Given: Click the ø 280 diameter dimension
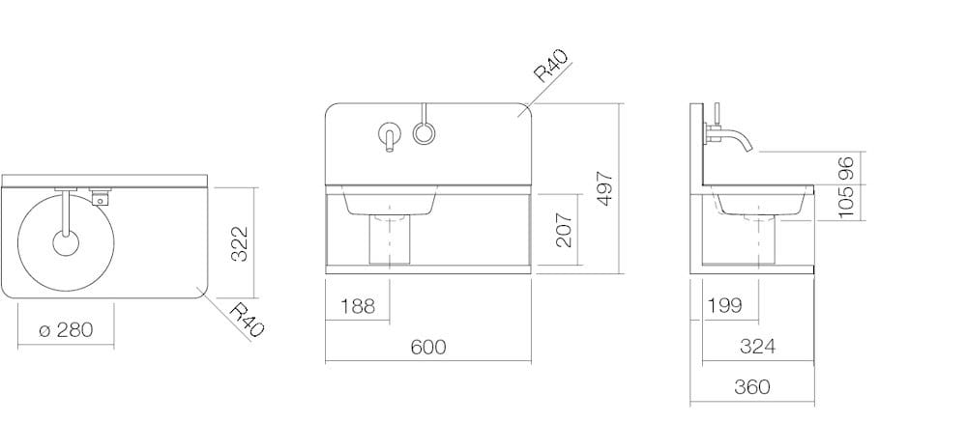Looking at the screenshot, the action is click(x=66, y=330).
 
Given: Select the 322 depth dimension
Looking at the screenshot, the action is click(x=239, y=244).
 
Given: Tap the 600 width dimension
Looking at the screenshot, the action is click(x=428, y=347).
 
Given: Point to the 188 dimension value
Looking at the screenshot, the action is click(x=358, y=305).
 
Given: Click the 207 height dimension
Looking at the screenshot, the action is click(x=565, y=230).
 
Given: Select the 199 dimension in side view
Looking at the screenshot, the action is click(x=725, y=305).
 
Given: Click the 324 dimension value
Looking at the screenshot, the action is click(x=757, y=347).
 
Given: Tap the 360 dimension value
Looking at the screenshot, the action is click(x=752, y=387).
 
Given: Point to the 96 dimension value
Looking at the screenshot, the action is click(x=845, y=169).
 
